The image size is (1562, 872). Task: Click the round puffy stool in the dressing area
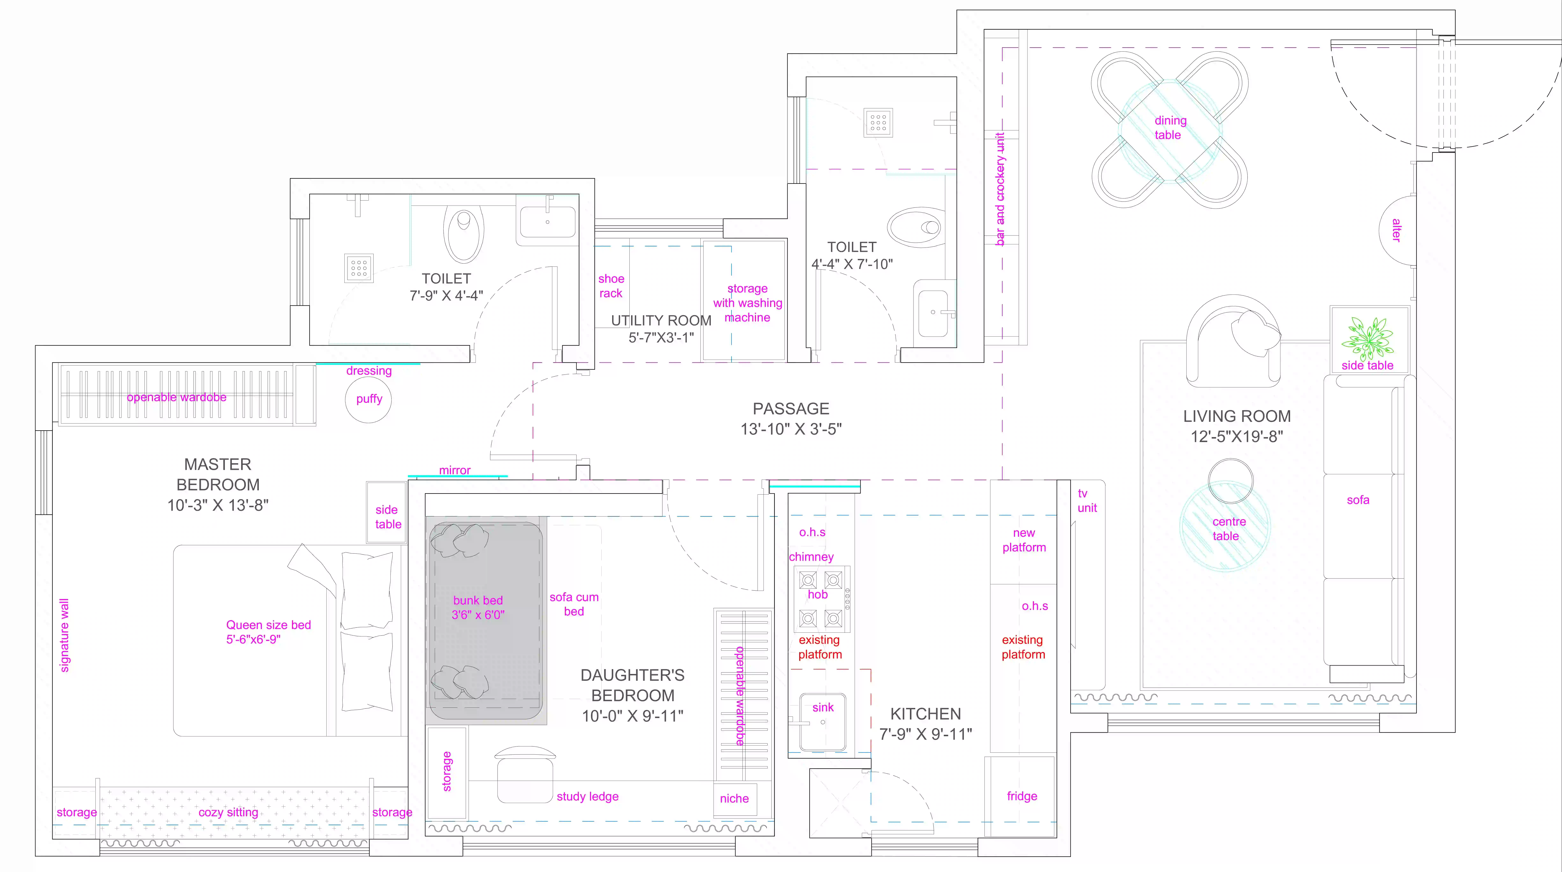click(369, 399)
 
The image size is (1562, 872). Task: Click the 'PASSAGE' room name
click(791, 409)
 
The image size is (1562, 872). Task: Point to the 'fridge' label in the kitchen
click(1022, 796)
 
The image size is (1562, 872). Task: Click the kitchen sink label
click(823, 708)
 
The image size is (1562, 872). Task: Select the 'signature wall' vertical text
click(64, 636)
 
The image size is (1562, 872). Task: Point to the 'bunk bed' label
click(478, 600)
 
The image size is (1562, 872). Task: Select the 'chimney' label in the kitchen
click(811, 557)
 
